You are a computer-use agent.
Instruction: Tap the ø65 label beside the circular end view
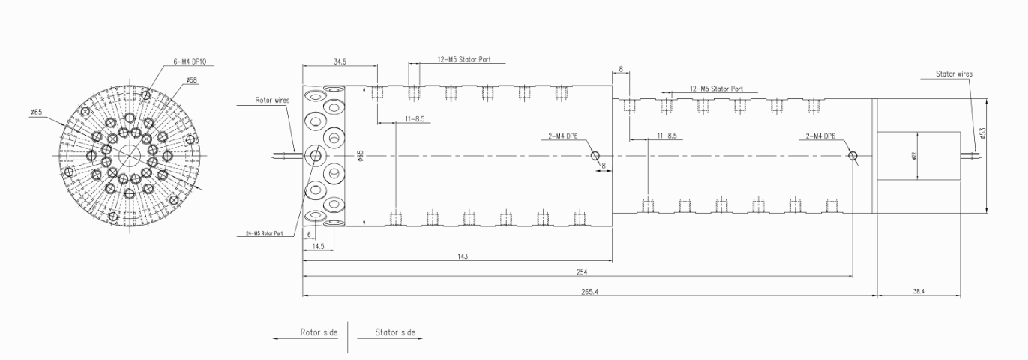coord(36,112)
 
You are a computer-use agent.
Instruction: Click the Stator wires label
coord(954,74)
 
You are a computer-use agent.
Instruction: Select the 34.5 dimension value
coord(339,61)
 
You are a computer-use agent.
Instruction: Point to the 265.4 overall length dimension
coord(590,291)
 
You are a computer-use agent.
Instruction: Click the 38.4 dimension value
coord(919,291)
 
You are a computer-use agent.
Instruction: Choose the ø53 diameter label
coord(982,132)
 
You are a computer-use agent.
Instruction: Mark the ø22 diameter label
coord(913,155)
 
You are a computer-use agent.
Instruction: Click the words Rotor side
coord(319,331)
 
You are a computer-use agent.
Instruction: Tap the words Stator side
coord(394,331)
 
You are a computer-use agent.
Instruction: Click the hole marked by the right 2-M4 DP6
coord(853,156)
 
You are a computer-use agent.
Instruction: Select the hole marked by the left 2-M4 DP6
coord(595,156)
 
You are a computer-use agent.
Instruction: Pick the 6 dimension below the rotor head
coord(309,234)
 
